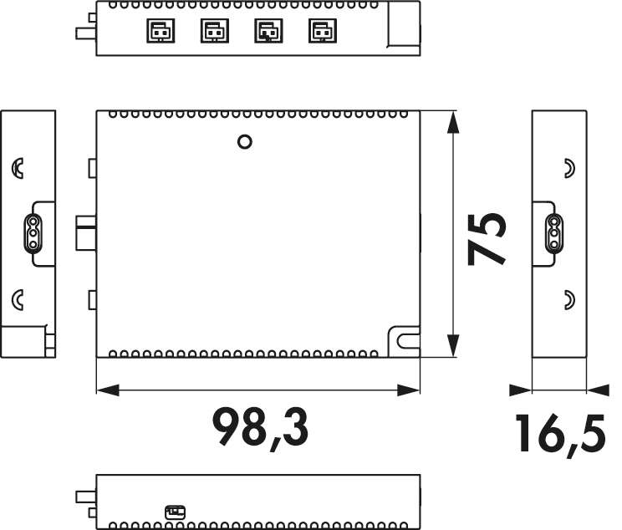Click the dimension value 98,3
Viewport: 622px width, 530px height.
pyautogui.click(x=260, y=426)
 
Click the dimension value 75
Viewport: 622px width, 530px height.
pyautogui.click(x=487, y=237)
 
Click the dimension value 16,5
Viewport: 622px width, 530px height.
pyautogui.click(x=560, y=435)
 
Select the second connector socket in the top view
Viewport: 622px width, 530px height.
pyautogui.click(x=212, y=31)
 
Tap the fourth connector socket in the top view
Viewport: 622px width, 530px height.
pyautogui.click(x=319, y=31)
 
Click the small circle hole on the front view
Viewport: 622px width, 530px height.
pyautogui.click(x=245, y=141)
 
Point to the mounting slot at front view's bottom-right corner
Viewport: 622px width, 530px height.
pyautogui.click(x=405, y=340)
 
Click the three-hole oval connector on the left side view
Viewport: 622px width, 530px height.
pyautogui.click(x=31, y=234)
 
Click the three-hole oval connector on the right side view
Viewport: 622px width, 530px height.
pyautogui.click(x=553, y=234)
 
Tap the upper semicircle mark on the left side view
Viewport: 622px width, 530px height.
pyautogui.click(x=18, y=168)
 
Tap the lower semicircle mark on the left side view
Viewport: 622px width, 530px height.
pyautogui.click(x=18, y=297)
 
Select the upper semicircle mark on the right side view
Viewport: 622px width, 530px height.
pyautogui.click(x=568, y=168)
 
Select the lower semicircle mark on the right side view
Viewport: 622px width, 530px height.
pyautogui.click(x=568, y=297)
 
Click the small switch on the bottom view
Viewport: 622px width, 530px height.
pyautogui.click(x=175, y=511)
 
